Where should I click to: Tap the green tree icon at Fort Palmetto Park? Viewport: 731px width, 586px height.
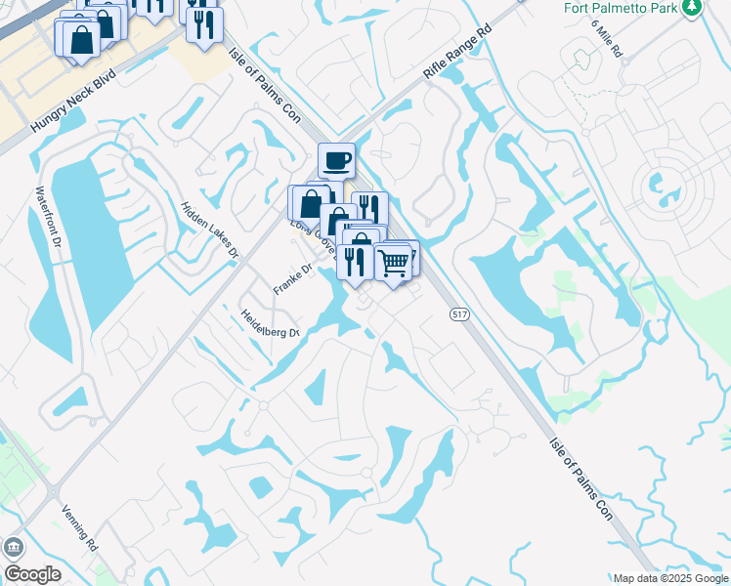(692, 8)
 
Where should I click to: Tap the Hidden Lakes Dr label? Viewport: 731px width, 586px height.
(209, 230)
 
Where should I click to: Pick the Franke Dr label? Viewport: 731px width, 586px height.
(292, 280)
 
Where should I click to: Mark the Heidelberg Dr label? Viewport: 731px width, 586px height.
(271, 324)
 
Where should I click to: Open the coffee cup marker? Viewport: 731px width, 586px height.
(336, 160)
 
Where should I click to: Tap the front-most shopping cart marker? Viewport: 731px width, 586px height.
(393, 261)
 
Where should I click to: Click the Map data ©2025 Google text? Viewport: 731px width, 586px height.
(670, 578)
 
